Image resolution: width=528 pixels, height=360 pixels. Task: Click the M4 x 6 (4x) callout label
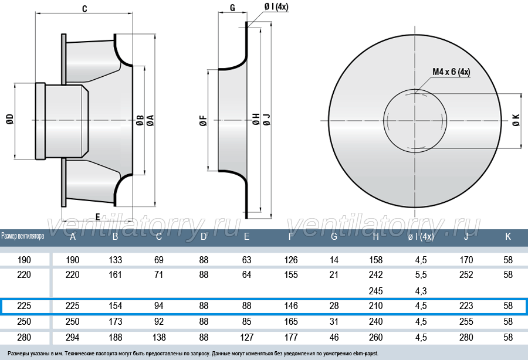(451, 72)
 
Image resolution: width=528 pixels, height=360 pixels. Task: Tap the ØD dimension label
(10, 120)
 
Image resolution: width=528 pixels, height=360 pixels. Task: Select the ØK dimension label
(516, 120)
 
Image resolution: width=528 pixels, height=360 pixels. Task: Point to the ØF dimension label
(204, 120)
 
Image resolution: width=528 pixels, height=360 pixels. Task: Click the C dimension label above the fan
(84, 8)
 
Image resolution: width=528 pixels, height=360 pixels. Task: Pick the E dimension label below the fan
(98, 217)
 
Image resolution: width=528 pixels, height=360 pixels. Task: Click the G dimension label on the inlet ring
(232, 8)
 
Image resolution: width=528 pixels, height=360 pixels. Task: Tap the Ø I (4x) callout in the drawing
(276, 6)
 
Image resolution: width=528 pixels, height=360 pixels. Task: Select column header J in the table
(466, 236)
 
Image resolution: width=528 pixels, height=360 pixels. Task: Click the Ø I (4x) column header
(421, 237)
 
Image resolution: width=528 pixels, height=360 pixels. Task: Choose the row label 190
(24, 260)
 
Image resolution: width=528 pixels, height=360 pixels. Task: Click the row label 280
(24, 337)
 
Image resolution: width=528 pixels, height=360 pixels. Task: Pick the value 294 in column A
(72, 337)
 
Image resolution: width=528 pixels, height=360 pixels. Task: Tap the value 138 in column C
(159, 337)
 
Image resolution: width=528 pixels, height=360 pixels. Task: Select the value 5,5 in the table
(421, 275)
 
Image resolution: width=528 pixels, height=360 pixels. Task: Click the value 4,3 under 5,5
(421, 291)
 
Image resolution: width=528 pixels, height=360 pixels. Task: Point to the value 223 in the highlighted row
(466, 305)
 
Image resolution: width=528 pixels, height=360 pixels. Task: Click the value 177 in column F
(291, 337)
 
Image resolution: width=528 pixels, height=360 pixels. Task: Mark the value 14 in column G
(334, 260)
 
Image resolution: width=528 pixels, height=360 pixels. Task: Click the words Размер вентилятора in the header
(22, 236)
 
